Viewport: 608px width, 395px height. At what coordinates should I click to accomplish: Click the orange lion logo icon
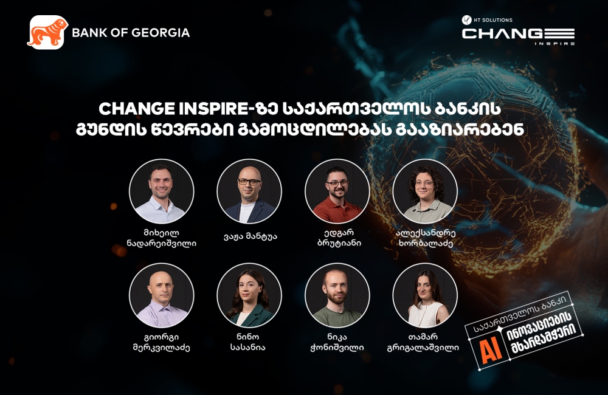pos(47,32)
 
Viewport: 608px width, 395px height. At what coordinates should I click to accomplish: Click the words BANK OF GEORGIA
pos(131,33)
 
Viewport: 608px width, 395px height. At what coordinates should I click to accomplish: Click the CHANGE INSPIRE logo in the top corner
pos(518,35)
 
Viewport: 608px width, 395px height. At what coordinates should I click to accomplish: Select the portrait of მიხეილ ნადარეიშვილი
pos(162,191)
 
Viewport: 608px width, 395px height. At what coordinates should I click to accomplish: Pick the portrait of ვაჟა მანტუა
pos(249,191)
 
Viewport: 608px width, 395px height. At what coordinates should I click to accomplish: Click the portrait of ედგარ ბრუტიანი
pos(337,191)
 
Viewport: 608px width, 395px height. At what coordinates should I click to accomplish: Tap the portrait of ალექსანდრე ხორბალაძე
pos(425,191)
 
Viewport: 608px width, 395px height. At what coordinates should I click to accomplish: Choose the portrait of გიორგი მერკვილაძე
pos(162,295)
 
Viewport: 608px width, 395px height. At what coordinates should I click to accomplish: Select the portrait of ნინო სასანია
pos(249,295)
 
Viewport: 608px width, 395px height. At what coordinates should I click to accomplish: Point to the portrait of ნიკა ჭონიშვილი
pos(337,295)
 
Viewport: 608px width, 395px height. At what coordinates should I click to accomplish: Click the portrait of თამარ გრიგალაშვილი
pos(425,295)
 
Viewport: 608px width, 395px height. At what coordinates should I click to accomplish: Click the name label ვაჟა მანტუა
pos(250,236)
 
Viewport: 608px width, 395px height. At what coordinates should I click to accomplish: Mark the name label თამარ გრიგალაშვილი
pos(425,342)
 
